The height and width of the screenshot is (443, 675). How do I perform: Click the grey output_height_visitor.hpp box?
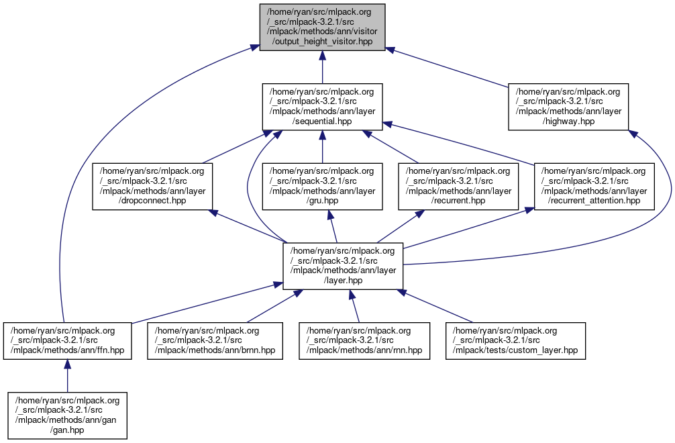323,27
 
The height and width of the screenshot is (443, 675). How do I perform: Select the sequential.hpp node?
322,106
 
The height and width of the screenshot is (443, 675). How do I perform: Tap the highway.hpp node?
568,106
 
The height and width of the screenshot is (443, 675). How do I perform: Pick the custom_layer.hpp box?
515,340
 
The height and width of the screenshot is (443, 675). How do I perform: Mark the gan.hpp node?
67,415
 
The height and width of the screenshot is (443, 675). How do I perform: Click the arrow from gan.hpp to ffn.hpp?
67,376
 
